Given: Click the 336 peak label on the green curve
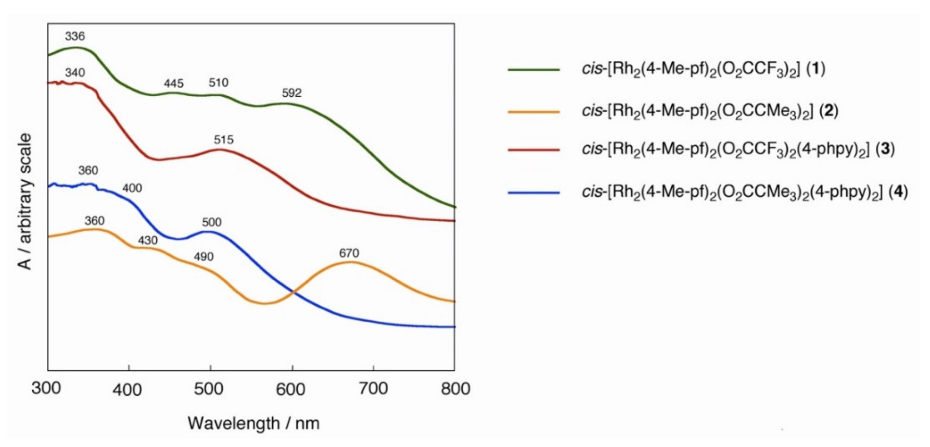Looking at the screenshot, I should [x=75, y=36].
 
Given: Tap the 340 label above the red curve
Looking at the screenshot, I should [x=75, y=73].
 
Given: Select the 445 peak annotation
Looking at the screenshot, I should [x=174, y=83].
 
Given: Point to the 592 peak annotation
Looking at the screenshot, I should [x=291, y=93].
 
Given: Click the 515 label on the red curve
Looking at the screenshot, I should [x=224, y=140].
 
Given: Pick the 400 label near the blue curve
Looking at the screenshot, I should [x=132, y=188].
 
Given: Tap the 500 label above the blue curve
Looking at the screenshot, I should [x=212, y=222].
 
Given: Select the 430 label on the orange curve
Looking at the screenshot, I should [x=148, y=240].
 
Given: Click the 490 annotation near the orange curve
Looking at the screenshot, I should [x=204, y=257].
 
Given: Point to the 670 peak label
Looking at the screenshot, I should [x=349, y=253].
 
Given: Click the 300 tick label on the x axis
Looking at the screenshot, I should [x=46, y=389].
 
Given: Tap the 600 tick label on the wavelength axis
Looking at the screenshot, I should [x=290, y=389].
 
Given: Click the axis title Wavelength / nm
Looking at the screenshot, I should [x=253, y=423].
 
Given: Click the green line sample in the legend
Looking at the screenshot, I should [x=533, y=69].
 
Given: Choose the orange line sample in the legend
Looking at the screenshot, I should [x=533, y=112].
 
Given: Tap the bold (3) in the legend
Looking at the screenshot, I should [x=885, y=149].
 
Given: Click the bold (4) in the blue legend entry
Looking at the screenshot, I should [x=897, y=191].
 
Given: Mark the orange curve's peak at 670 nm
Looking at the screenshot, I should [x=350, y=262].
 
